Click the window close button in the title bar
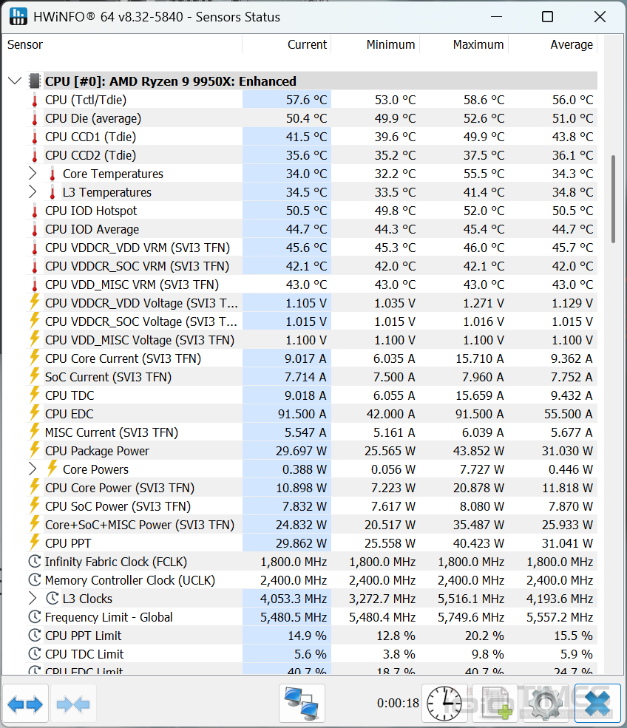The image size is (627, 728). pos(600,17)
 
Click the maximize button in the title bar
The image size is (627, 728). pos(547,17)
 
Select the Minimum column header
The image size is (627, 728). pos(390,45)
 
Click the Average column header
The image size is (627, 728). pos(571,45)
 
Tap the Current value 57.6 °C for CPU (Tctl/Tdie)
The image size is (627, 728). pos(306,100)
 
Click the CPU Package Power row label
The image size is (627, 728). pos(97,451)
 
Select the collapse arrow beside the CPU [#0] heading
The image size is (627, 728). pos(15,81)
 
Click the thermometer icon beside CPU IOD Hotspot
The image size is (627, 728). pos(34,211)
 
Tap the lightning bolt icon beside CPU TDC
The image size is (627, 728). pos(34,395)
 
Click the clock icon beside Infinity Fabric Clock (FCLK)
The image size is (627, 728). pos(34,562)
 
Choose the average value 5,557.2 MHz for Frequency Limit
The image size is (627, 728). pos(559,617)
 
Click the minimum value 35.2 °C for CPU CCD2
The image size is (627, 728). pos(393,155)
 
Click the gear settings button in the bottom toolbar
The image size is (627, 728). pos(543,704)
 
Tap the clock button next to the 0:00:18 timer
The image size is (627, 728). pos(444,704)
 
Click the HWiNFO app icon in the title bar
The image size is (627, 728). pos(19,17)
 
